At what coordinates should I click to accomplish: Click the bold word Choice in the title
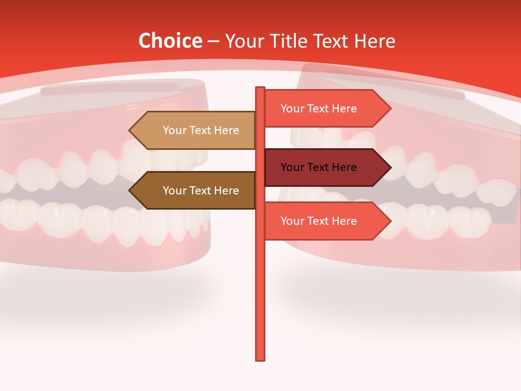point(170,41)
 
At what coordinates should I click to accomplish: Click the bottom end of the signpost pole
point(260,358)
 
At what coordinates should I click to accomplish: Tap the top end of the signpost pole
point(260,89)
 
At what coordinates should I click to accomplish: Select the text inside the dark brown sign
point(201,191)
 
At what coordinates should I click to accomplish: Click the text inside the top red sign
point(319,109)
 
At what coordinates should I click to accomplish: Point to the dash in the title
point(213,41)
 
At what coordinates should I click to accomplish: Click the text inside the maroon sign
point(319,167)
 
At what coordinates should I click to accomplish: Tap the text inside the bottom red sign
point(319,221)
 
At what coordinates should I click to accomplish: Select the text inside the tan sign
point(201,130)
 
